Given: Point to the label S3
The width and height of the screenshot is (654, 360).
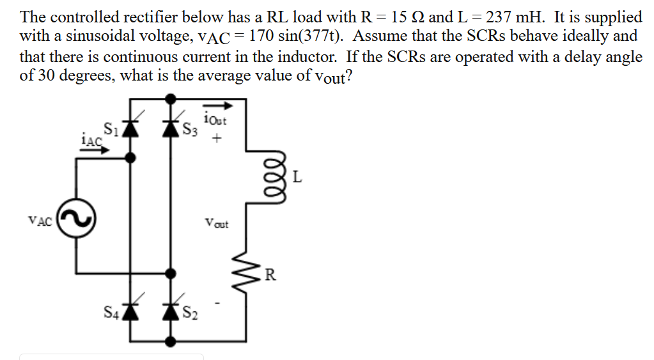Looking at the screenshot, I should tap(189, 129).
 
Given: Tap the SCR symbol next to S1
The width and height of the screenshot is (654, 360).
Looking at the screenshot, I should tap(131, 127).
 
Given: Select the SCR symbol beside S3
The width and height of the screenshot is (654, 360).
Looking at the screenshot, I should tap(170, 127).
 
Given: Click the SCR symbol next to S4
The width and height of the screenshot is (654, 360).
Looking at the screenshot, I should tap(131, 311).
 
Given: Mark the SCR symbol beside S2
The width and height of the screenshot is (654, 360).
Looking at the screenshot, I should tap(170, 311).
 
